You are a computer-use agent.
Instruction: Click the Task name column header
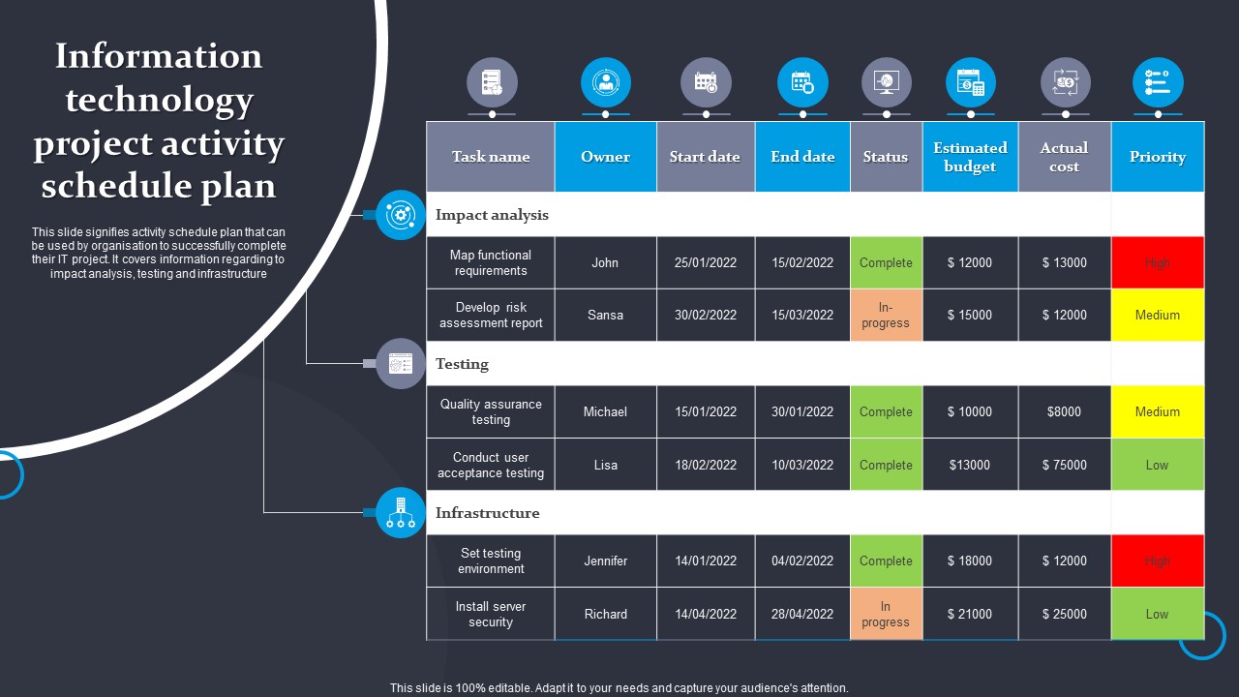click(x=491, y=157)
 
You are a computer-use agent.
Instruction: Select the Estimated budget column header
click(x=970, y=157)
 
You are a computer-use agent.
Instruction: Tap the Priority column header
click(x=1158, y=157)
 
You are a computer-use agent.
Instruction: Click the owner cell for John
click(x=605, y=262)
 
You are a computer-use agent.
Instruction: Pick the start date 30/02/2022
click(x=706, y=315)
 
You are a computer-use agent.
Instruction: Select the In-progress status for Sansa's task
click(x=886, y=315)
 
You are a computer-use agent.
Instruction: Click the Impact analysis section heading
click(x=492, y=215)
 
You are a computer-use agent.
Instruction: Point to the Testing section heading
click(x=462, y=364)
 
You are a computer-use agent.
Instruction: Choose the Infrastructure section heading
click(x=487, y=513)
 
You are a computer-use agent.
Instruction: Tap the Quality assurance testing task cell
click(x=491, y=411)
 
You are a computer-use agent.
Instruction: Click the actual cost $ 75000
click(x=1064, y=465)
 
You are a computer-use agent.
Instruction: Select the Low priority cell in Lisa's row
click(x=1158, y=465)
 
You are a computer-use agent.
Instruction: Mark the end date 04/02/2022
click(x=802, y=561)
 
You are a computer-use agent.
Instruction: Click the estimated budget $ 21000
click(x=970, y=614)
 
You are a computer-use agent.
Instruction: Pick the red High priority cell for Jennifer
click(x=1158, y=561)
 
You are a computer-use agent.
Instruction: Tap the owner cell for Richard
click(x=605, y=614)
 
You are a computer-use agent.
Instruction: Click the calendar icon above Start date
click(x=706, y=82)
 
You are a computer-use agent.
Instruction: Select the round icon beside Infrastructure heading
click(x=400, y=512)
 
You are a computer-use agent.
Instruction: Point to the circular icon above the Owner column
click(x=606, y=82)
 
